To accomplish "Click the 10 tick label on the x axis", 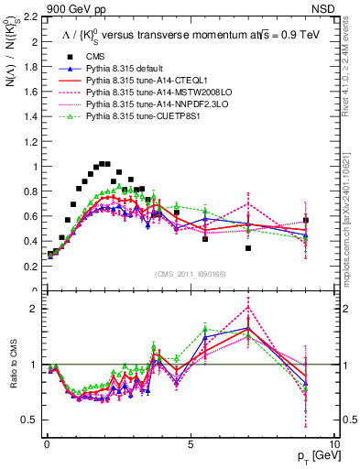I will click(x=333, y=444).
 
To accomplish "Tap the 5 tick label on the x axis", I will click(x=190, y=444).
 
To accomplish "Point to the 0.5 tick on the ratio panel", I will click(x=29, y=420).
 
